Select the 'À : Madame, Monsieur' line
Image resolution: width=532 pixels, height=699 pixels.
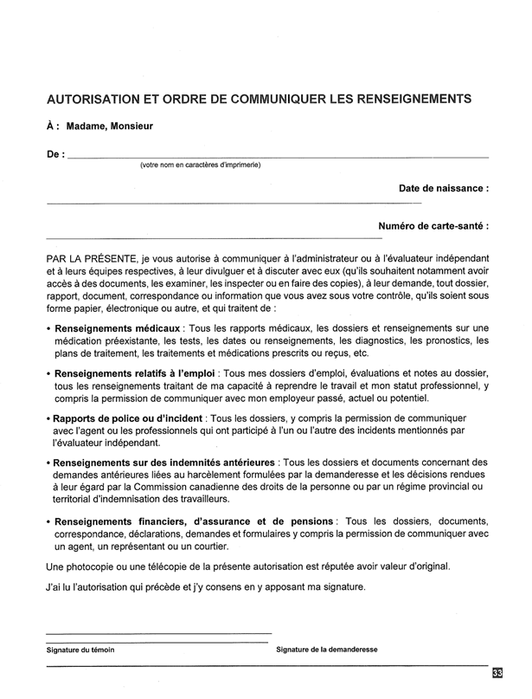tap(99, 126)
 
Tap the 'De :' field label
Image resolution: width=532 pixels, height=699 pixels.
tap(54, 154)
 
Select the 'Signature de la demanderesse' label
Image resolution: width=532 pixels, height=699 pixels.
tap(327, 649)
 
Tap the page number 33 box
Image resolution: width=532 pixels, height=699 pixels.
tap(497, 673)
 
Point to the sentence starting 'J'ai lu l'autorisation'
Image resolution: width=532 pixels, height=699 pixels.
tap(207, 587)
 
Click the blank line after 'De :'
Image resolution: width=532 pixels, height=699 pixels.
tap(277, 156)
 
